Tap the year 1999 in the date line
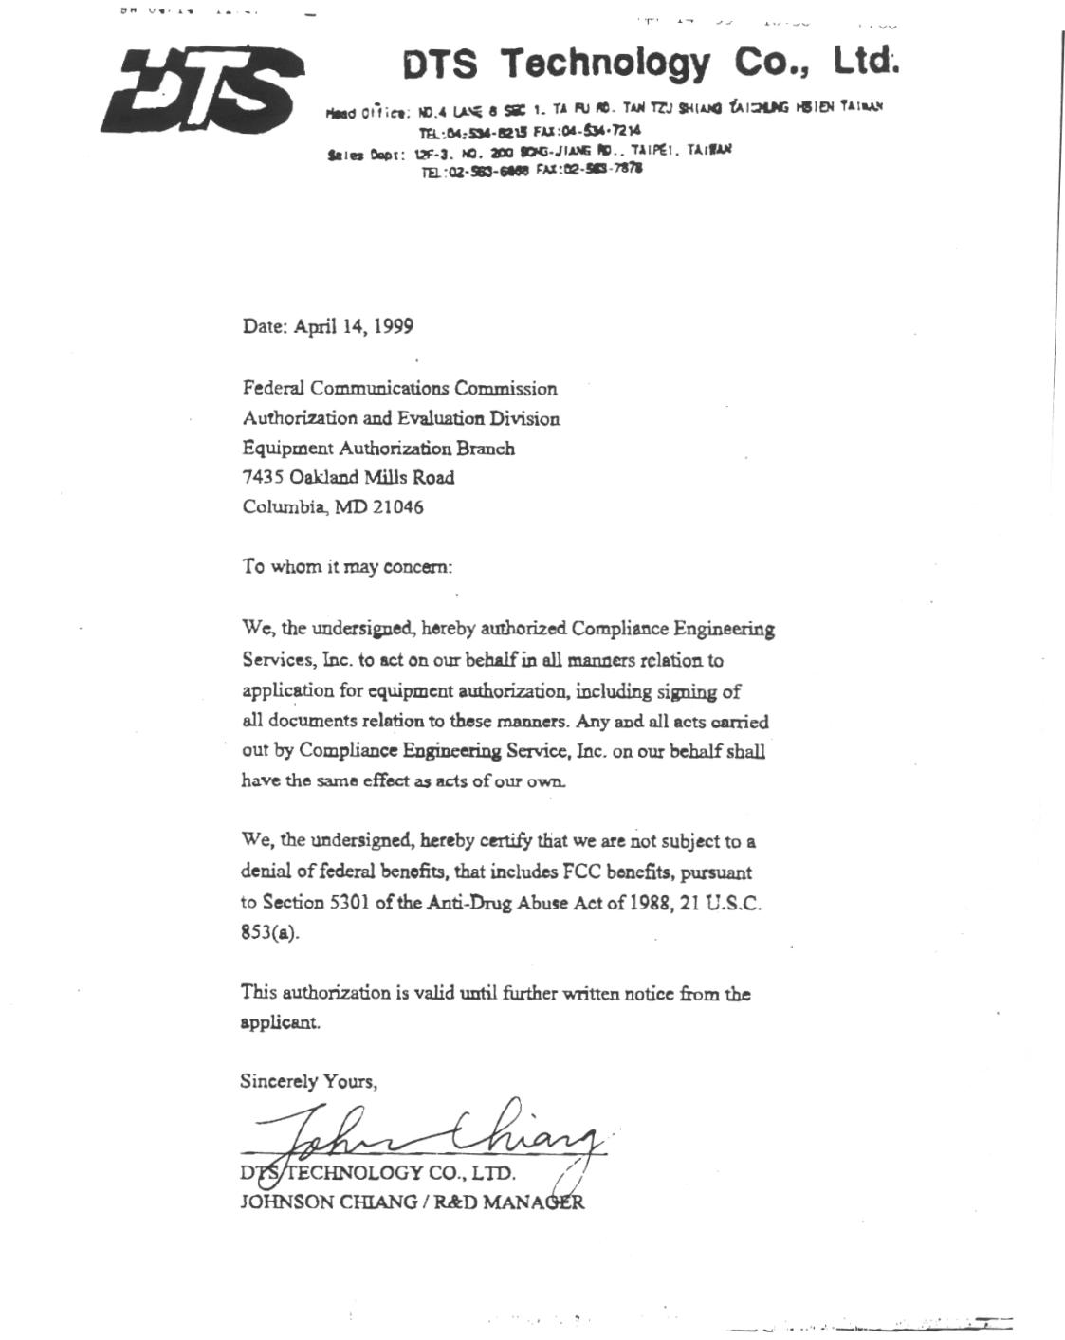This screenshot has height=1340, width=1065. coord(393,326)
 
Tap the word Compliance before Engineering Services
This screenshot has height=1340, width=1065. coord(619,629)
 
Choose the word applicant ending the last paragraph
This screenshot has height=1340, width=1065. coord(279,1023)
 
